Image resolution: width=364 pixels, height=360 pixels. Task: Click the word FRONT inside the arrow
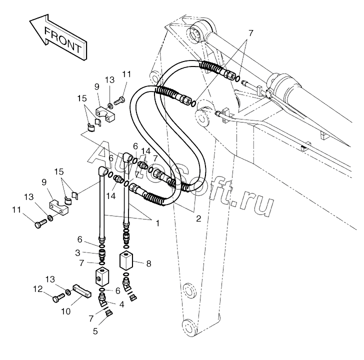(63, 40)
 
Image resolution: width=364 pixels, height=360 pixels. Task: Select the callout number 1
(157, 223)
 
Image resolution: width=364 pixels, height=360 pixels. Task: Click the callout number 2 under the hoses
(198, 218)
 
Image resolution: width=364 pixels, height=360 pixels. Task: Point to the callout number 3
(78, 253)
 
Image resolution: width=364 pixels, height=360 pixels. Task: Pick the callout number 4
(121, 304)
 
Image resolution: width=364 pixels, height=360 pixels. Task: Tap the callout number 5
(95, 331)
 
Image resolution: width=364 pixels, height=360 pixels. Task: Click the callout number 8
(148, 263)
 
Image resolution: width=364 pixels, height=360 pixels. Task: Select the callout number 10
(65, 311)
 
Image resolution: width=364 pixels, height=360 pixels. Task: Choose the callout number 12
(38, 289)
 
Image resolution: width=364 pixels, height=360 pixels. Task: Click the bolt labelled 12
(58, 297)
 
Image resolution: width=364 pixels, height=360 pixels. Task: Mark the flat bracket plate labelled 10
(82, 291)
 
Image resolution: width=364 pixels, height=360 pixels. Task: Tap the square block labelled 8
(126, 260)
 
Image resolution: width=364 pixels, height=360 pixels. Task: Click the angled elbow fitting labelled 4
(102, 300)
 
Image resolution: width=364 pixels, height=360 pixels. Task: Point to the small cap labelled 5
(109, 313)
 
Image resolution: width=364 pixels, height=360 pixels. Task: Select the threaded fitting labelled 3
(101, 255)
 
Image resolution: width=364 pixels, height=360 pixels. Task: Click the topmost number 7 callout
(250, 33)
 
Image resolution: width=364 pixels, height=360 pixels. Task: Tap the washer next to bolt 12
(68, 292)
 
